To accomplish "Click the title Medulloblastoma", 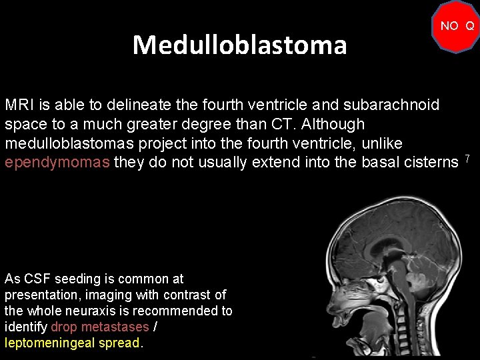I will click(239, 45).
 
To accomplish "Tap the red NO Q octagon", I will click(457, 27).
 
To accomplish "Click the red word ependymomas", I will click(57, 163).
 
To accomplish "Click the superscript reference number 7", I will click(468, 159).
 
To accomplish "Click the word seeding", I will click(77, 279).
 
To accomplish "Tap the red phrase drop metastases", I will click(99, 327).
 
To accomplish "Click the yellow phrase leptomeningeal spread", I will click(72, 343).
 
